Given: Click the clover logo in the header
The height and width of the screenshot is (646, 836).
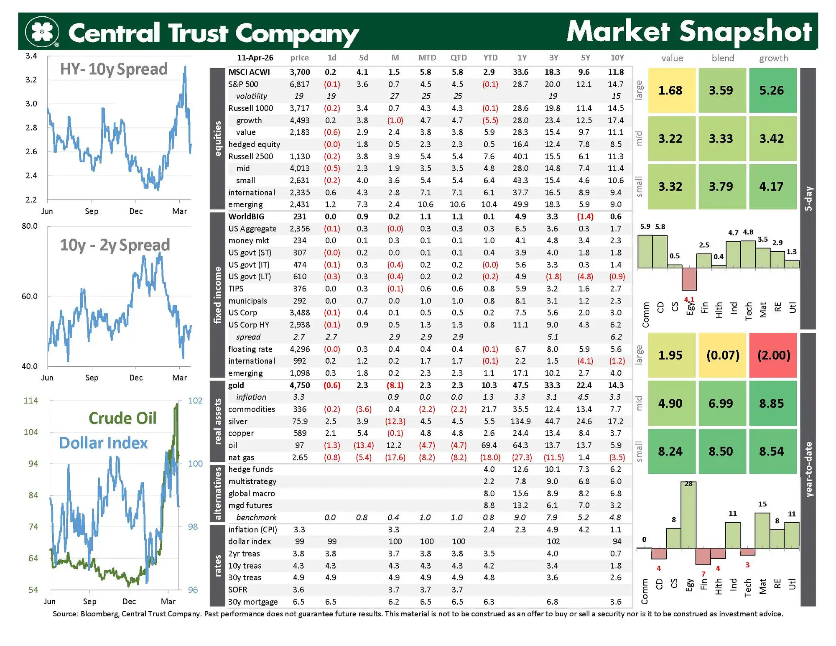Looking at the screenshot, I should pos(42,31).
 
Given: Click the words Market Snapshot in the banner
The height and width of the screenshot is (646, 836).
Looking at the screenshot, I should pos(689,31).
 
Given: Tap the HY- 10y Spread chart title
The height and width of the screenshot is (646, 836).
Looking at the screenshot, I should pos(114,69).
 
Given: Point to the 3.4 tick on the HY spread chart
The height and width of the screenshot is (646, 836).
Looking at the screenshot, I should pos(31,56).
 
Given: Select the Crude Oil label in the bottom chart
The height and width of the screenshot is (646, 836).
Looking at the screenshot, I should pos(122,418).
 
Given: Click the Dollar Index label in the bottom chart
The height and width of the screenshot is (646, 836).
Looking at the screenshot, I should pos(103,443).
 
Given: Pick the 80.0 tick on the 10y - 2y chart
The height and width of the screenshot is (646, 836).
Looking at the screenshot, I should pos(29,226).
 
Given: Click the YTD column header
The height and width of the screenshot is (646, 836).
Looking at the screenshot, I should pos(490,58).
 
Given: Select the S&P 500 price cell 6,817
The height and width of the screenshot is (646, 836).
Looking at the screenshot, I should pos(300,84).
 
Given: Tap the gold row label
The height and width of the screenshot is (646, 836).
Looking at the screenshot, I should pos(236,385).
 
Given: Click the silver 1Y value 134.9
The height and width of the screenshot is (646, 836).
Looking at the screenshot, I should pos(520,421).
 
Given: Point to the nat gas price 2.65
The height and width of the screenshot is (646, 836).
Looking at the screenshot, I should pos(300,457).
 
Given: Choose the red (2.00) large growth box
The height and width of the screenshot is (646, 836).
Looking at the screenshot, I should pos(773,355).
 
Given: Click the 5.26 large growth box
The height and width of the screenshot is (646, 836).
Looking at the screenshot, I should pos(772,90).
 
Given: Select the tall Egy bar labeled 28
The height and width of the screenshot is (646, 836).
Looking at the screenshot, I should pos(688,515).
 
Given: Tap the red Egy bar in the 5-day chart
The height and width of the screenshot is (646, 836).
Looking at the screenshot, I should pos(689,279).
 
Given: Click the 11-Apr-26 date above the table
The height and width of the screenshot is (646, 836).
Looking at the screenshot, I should pos(255,58).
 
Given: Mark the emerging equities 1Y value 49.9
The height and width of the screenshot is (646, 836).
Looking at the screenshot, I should pos(520,204).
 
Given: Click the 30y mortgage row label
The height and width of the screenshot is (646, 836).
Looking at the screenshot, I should pos(253,602).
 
